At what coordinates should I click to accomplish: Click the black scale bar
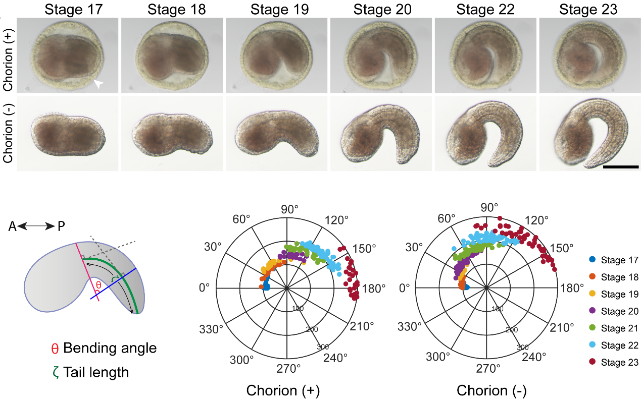pos(621,166)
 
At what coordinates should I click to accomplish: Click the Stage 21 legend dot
pos(593,328)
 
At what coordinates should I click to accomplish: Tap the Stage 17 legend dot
pos(593,260)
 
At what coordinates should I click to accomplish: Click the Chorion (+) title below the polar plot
pos(283,390)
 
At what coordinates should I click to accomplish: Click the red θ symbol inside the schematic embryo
pos(99,285)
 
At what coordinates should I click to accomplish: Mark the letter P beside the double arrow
pos(61,227)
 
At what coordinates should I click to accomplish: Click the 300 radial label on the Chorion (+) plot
pos(322,348)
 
